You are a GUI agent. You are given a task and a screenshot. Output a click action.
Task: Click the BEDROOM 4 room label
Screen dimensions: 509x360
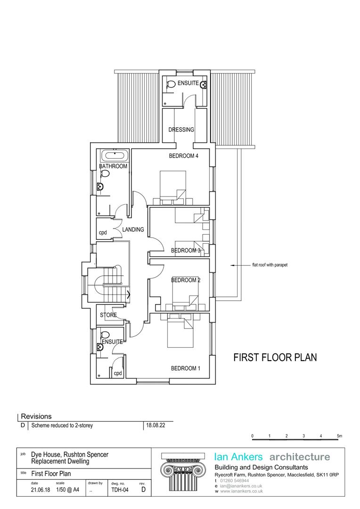183,156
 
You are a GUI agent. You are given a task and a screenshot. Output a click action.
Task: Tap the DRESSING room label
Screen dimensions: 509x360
181,130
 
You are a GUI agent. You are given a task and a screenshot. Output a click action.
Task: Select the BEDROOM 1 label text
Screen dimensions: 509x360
185,368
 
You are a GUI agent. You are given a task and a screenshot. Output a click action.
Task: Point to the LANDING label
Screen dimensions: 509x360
133,230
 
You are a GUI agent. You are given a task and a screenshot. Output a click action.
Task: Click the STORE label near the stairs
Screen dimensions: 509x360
108,315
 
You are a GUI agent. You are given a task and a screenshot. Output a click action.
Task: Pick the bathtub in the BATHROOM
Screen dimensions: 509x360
113,155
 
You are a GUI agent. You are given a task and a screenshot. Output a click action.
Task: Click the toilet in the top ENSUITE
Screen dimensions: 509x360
170,85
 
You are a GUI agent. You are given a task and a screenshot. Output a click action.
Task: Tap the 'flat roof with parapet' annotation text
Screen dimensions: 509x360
266,265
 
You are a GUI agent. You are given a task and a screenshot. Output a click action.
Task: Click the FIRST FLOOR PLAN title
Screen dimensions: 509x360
275,357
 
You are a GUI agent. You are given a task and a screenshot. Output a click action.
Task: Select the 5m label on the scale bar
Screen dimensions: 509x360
339,436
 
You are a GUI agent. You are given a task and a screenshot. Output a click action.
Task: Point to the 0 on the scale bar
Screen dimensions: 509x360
253,436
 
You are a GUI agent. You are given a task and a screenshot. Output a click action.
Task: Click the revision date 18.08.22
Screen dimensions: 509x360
156,426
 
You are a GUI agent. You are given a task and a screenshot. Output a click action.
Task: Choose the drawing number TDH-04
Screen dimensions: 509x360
120,490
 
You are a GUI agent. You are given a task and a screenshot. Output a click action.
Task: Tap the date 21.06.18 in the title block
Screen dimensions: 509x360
41,490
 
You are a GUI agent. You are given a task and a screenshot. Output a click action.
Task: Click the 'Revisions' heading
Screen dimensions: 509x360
36,417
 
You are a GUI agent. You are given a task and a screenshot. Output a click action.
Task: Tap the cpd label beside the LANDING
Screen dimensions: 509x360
103,233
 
